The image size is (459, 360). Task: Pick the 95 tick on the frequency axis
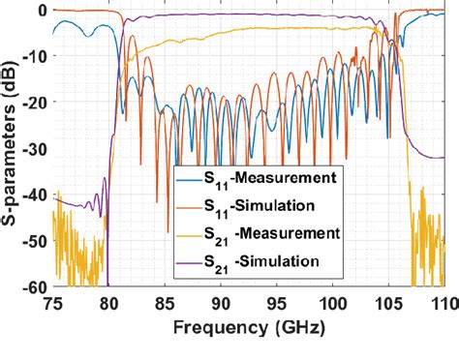[x=277, y=302]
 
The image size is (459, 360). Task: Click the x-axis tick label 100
[x=332, y=302]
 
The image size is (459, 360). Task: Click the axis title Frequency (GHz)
[x=248, y=328]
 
